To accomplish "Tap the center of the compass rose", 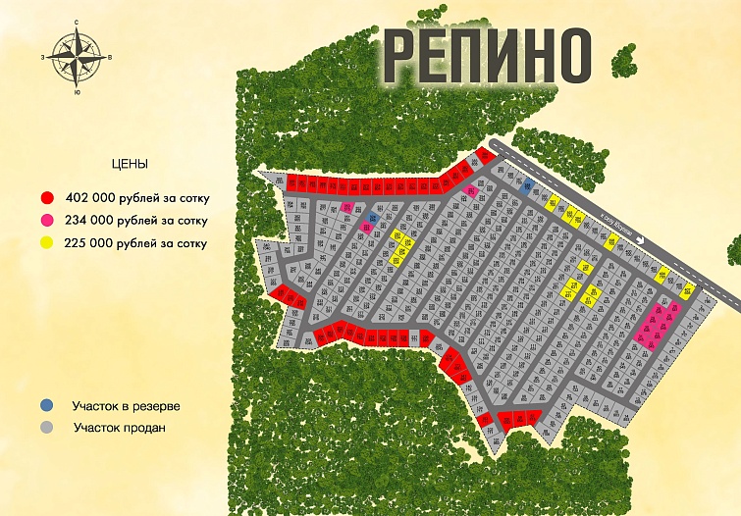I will (x=77, y=56).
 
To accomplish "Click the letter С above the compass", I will (x=77, y=21).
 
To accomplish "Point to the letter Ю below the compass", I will (x=77, y=92).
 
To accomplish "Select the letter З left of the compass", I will (x=43, y=57).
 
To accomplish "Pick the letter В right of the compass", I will (x=110, y=57).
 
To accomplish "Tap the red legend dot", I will (x=47, y=197).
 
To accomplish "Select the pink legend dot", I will (x=47, y=221).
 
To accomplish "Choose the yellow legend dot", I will (x=47, y=242).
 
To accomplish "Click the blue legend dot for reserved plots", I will (x=47, y=405).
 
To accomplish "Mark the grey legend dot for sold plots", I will (x=47, y=428).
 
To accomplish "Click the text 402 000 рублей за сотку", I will (x=137, y=198).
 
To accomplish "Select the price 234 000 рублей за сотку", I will (x=137, y=221).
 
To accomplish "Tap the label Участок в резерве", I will (x=126, y=405).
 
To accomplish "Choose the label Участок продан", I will (x=119, y=428).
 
